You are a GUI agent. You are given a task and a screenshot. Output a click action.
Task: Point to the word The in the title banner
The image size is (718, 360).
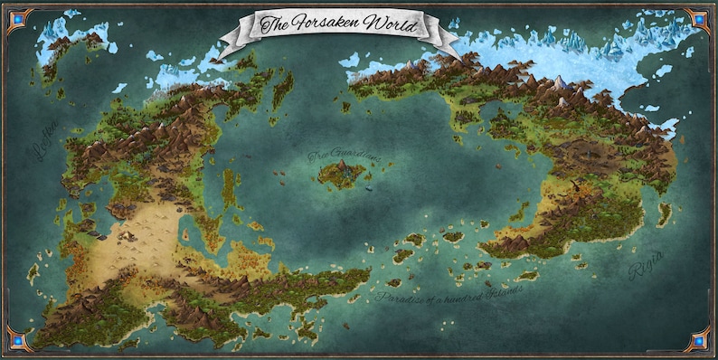click(x=270, y=24)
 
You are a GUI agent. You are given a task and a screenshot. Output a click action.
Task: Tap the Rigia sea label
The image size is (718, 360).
click(x=646, y=266)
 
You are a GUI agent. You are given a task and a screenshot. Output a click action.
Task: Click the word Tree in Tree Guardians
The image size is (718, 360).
click(x=320, y=156)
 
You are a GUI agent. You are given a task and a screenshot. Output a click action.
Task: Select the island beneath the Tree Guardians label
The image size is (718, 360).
click(x=340, y=175)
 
